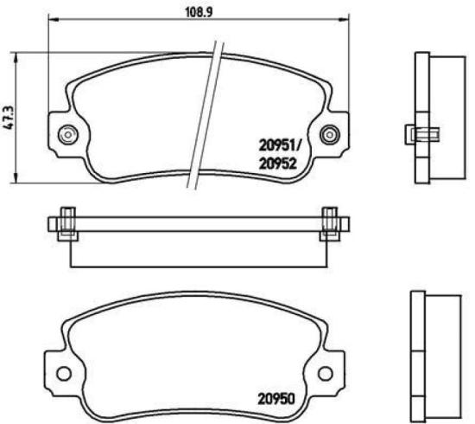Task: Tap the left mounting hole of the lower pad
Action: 63,374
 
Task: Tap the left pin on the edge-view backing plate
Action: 66,223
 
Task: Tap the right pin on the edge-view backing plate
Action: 330,223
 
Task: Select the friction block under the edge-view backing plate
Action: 198,251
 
